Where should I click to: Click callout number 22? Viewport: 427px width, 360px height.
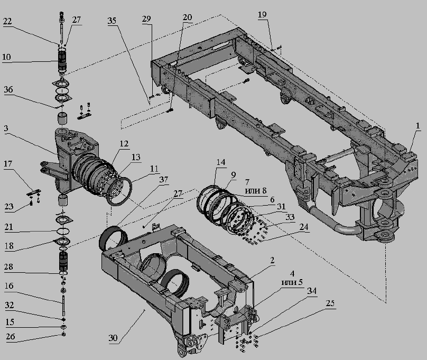point(7,21)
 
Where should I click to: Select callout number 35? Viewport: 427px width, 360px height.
point(112,21)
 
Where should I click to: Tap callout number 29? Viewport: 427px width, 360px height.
point(146,19)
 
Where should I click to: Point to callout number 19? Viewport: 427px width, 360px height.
point(262,14)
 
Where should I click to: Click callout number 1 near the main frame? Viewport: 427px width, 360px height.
point(417,126)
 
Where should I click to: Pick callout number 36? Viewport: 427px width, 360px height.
point(8,89)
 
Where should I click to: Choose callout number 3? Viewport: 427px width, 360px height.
point(6,128)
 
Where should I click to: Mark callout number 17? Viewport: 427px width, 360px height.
point(8,164)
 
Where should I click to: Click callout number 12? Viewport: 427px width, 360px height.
point(124,143)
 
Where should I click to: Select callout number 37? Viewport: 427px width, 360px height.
point(164,179)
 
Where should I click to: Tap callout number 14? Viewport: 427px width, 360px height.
point(221,162)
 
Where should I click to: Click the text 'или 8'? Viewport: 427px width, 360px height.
point(256,190)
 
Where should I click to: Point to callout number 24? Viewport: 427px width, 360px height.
point(304,227)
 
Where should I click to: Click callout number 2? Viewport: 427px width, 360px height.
point(272,260)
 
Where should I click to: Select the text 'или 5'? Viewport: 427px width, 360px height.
point(292,282)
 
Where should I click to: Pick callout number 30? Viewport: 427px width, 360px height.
point(113,338)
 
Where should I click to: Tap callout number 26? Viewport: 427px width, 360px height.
point(11,337)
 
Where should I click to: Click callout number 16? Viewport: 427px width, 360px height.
point(8,285)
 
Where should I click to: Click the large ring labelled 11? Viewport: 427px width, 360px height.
point(119,191)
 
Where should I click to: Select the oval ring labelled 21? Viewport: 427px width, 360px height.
point(63,232)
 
